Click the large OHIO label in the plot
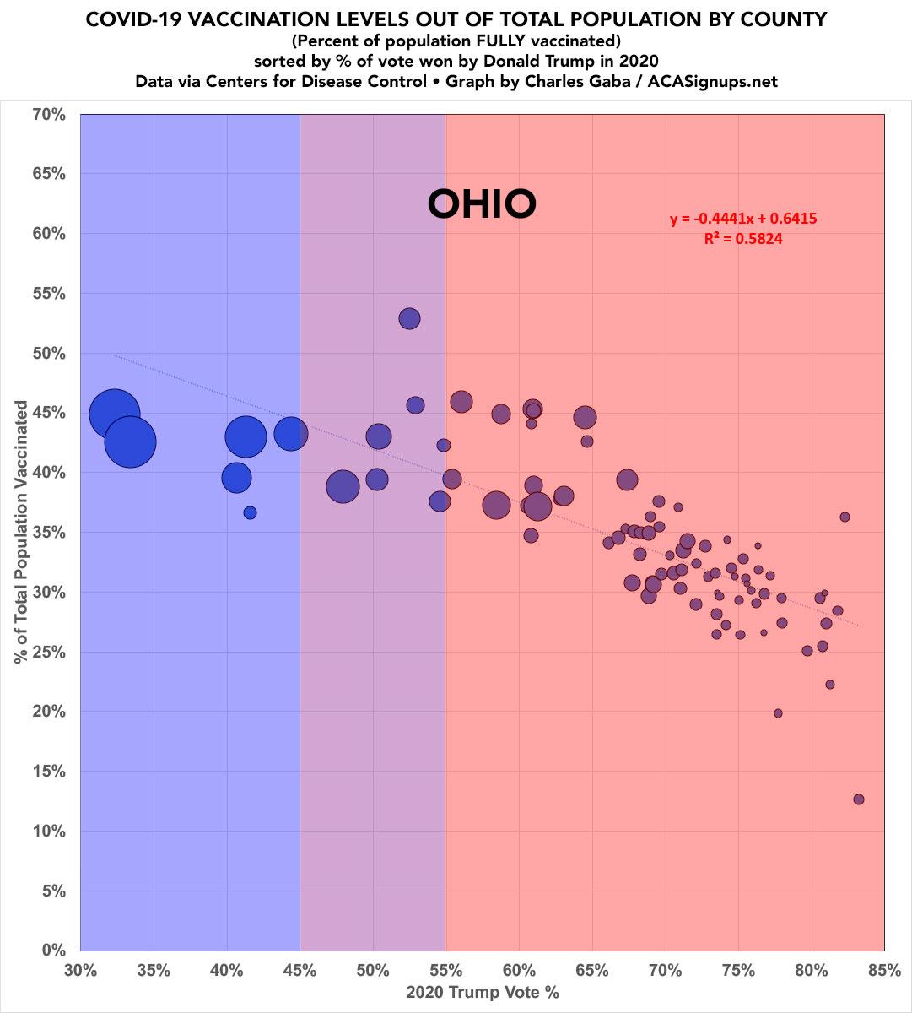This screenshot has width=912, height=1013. point(482,203)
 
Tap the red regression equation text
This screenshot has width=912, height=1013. point(743,219)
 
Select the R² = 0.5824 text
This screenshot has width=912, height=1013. point(743,239)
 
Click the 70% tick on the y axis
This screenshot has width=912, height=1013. point(49,114)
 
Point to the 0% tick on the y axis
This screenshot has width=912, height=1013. point(54,951)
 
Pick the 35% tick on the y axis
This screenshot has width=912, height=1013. point(49,533)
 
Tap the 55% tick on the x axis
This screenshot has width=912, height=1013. point(445,971)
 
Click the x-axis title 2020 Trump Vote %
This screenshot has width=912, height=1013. point(482,993)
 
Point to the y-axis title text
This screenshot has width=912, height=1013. point(21,533)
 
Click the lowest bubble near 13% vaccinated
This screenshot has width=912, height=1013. point(859,799)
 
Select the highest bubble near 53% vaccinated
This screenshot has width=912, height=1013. point(410,318)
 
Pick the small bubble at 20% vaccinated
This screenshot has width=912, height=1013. point(778,713)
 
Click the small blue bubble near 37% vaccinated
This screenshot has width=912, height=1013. point(250,512)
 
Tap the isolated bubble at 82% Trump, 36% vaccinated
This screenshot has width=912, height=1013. point(845,517)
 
